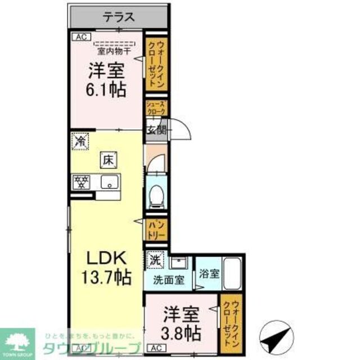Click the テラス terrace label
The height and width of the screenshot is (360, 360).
tap(119, 17)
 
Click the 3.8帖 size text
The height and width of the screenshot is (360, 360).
tap(181, 332)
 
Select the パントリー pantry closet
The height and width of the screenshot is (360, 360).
tap(156, 229)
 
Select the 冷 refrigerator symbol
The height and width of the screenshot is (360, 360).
tap(80, 141)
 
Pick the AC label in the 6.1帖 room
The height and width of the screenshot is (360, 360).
tap(79, 37)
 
